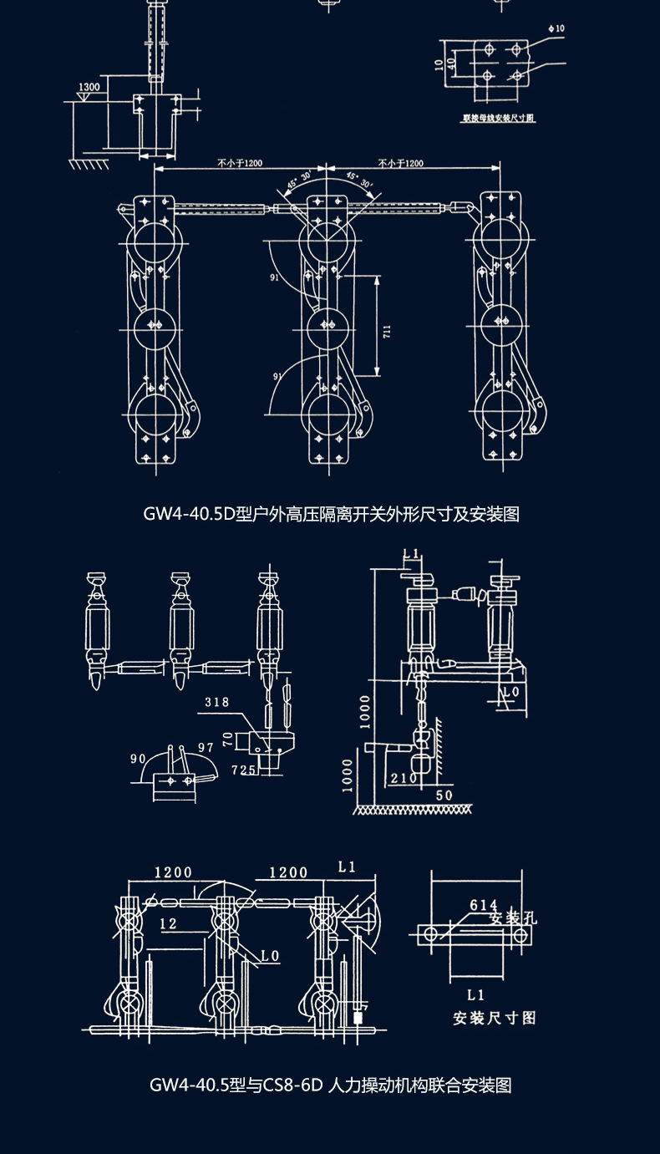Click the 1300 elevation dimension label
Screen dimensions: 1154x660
point(88,87)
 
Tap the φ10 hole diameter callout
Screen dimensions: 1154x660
point(556,28)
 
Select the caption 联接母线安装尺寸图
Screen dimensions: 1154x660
point(499,119)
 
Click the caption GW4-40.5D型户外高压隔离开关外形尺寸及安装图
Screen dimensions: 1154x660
point(331,514)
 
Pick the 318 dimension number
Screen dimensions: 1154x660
point(216,703)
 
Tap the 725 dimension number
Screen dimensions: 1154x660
point(243,770)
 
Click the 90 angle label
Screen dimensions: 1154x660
point(138,758)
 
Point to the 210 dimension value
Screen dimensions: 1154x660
point(404,779)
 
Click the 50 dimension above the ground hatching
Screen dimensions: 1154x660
point(444,795)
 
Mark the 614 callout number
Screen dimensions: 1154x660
point(484,905)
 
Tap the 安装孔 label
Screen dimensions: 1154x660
point(513,918)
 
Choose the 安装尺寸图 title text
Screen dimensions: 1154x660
point(494,1018)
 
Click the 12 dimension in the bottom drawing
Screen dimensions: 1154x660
point(169,923)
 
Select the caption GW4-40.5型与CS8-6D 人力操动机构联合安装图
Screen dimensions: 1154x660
point(331,1085)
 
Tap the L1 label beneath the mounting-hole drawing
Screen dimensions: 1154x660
point(475,995)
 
